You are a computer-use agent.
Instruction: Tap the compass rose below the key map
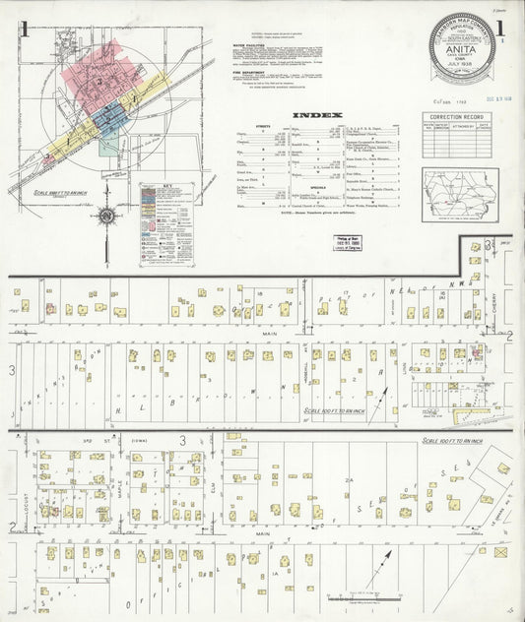click(x=106, y=215)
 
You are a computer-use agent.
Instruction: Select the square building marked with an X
click(x=501, y=553)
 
